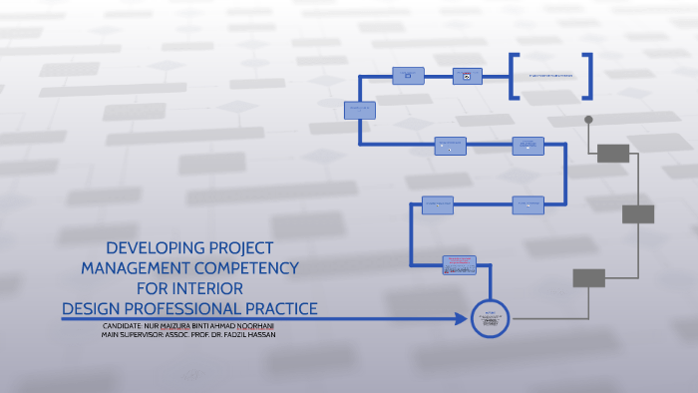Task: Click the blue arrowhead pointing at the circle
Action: click(x=461, y=319)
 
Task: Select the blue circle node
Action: click(x=490, y=319)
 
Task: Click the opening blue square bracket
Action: click(x=513, y=76)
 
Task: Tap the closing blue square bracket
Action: click(x=589, y=76)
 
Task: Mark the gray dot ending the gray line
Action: click(x=588, y=120)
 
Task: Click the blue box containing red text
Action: click(x=460, y=264)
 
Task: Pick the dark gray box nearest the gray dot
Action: click(x=612, y=153)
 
